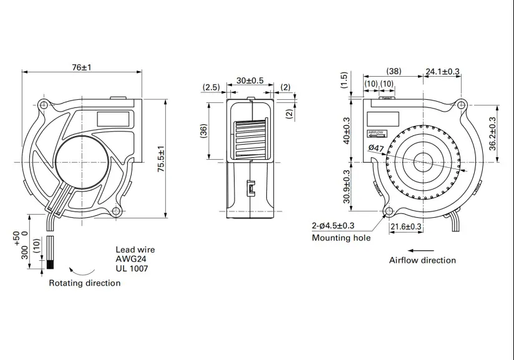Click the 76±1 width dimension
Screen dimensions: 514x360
coord(82,67)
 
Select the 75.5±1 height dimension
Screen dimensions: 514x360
coord(161,158)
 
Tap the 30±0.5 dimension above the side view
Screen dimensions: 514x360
coord(250,80)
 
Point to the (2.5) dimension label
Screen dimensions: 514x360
coord(211,87)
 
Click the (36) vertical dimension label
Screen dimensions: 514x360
coord(203,131)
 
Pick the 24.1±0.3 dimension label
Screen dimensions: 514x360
coord(442,71)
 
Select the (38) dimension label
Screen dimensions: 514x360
coord(394,71)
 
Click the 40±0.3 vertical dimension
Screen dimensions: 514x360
coord(346,130)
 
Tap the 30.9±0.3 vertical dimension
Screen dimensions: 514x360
coord(346,187)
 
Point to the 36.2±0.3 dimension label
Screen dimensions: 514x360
coord(492,134)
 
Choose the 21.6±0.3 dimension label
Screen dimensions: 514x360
coord(406,226)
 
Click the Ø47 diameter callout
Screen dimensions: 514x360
coord(376,148)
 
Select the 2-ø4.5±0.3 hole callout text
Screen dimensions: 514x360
coord(333,226)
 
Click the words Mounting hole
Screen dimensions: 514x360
coord(341,238)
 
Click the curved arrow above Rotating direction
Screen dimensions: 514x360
coord(82,272)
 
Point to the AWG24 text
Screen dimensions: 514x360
coord(131,259)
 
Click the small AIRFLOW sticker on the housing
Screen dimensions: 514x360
coord(377,133)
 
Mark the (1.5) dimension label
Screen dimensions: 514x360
coord(344,80)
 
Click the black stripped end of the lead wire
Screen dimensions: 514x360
coord(50,265)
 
